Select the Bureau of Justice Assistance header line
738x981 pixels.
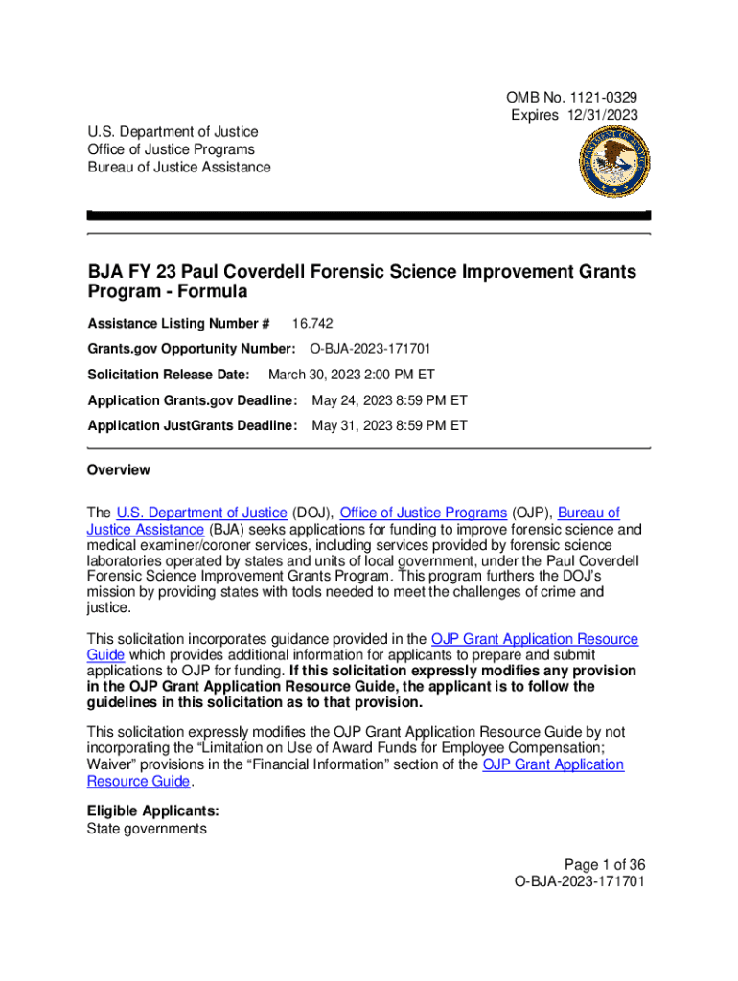[178, 168]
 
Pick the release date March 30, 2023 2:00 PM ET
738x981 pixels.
[351, 375]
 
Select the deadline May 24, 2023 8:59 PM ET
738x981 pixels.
[389, 399]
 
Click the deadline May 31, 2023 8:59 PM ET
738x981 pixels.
[389, 424]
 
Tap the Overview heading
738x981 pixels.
[118, 470]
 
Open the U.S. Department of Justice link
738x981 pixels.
[201, 513]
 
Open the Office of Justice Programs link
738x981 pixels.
[423, 513]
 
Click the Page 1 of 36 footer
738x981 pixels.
[604, 863]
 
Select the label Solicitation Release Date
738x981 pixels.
[168, 375]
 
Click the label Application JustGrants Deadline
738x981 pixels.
[192, 424]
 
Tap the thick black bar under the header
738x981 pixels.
[369, 216]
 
